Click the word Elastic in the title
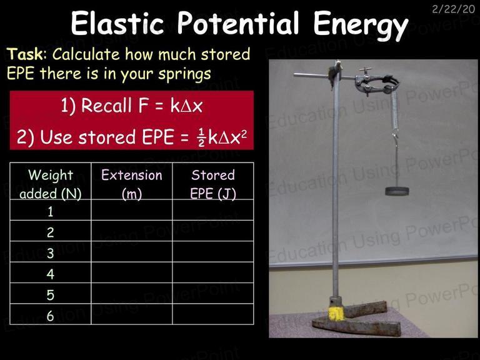[x=117, y=23]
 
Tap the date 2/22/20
[x=453, y=9]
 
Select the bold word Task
[x=25, y=54]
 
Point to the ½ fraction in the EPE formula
[x=201, y=137]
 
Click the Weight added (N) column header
[x=51, y=184]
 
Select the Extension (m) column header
[x=132, y=184]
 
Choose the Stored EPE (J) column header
[x=212, y=184]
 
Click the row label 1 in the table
[x=51, y=211]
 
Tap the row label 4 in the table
[x=51, y=274]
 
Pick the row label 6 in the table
[x=51, y=316]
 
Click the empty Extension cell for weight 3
[x=132, y=252]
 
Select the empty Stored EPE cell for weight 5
[x=212, y=293]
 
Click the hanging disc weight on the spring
[x=397, y=191]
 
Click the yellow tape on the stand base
[x=336, y=314]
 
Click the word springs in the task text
[x=184, y=74]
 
